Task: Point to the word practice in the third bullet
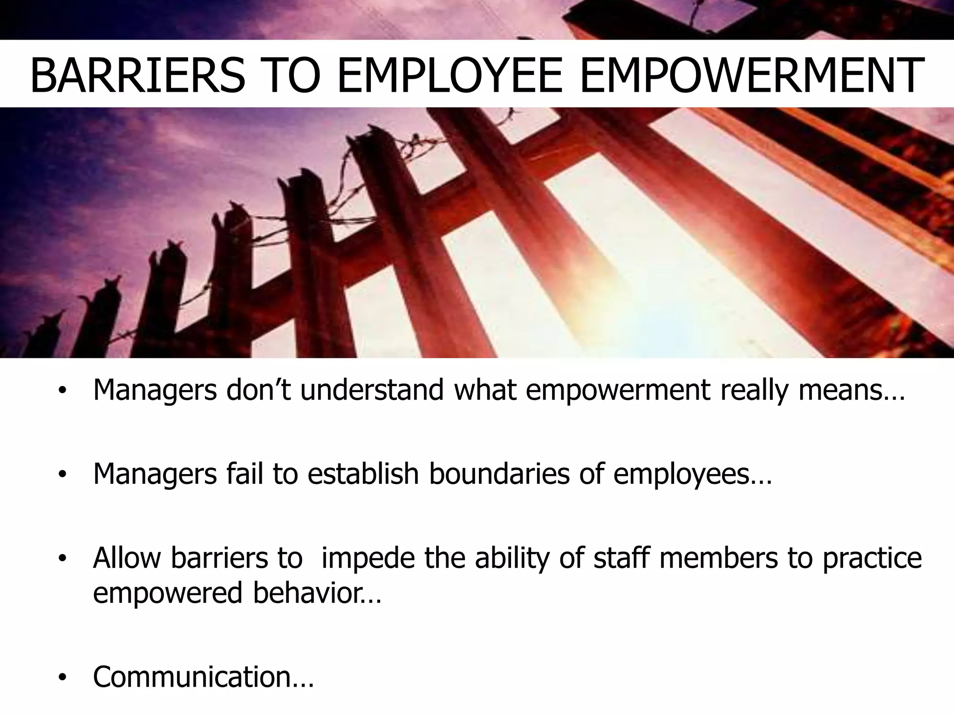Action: [872, 558]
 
